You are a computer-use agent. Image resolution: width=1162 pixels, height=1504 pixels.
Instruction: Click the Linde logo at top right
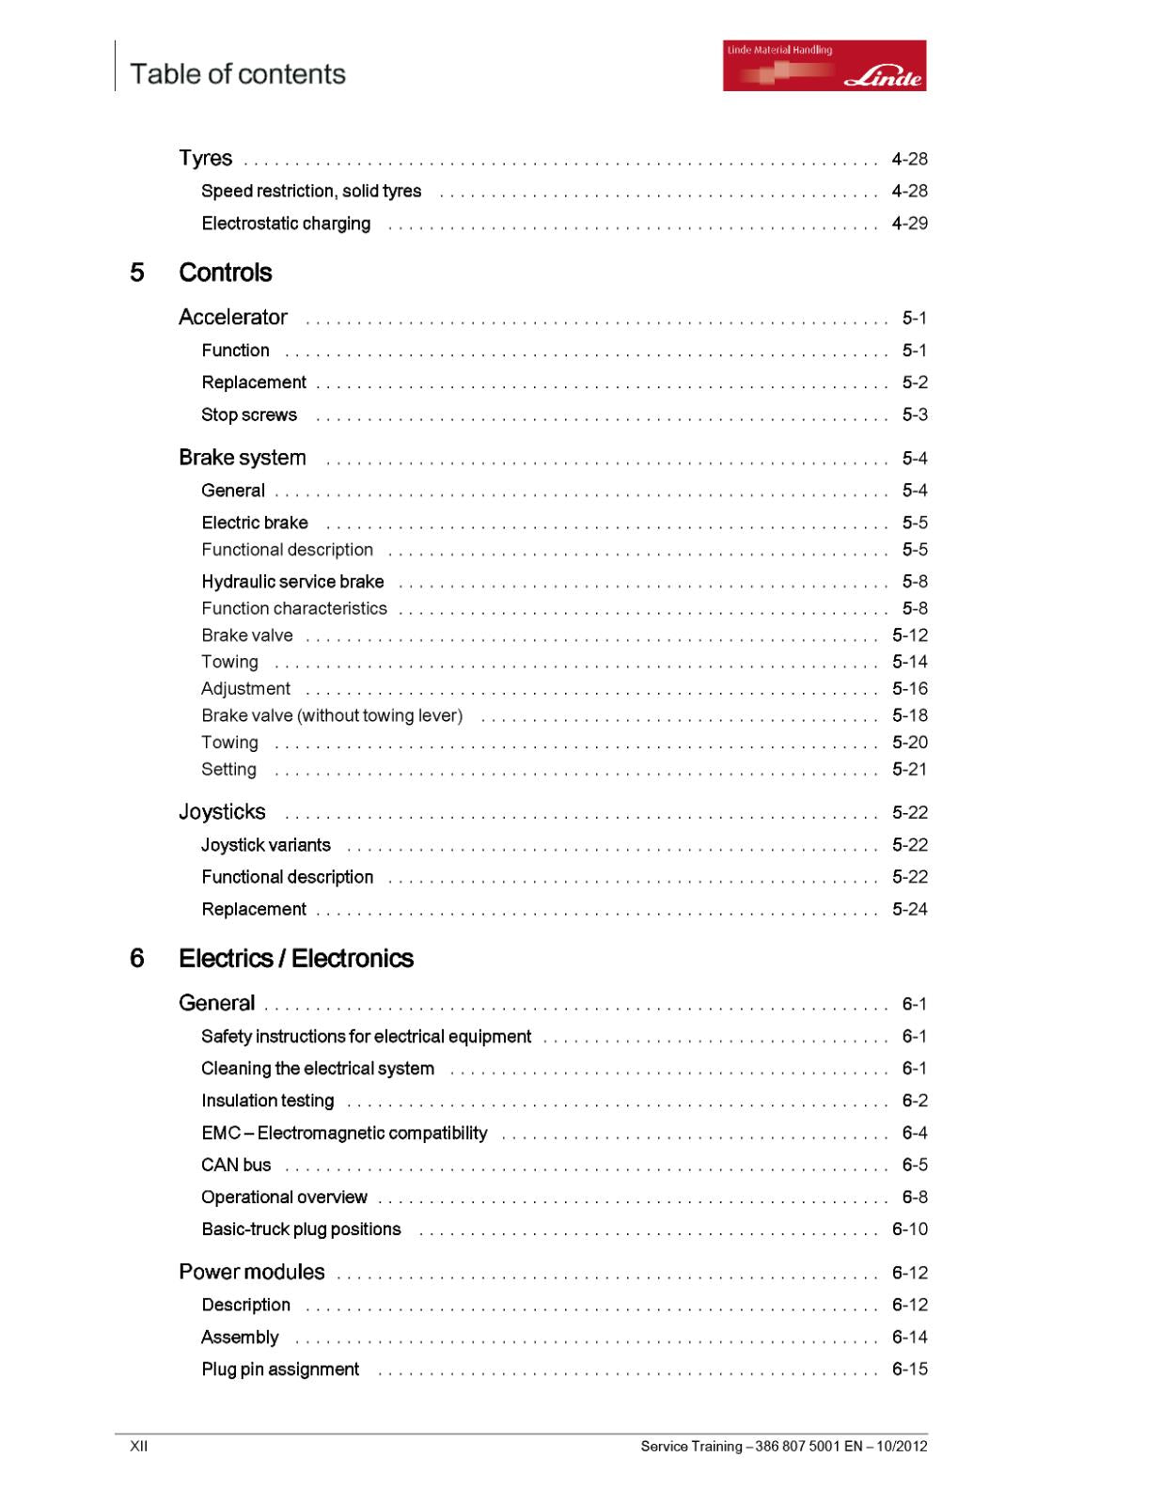point(824,65)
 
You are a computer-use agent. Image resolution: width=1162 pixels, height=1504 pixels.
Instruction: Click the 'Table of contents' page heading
point(237,74)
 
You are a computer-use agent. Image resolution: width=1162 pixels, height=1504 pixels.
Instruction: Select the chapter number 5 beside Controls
point(137,273)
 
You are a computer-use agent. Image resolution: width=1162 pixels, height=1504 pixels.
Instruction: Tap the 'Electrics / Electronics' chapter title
point(295,958)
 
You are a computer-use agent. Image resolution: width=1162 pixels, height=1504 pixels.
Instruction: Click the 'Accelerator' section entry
point(233,318)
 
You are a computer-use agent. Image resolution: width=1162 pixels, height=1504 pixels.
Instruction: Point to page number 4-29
point(909,224)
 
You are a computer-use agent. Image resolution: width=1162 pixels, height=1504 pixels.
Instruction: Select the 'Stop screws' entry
point(248,415)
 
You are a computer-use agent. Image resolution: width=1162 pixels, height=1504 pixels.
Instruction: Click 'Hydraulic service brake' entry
point(292,582)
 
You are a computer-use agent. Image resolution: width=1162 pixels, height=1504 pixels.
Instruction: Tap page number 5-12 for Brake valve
point(909,635)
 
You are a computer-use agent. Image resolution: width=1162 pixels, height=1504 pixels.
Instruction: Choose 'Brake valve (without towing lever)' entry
point(332,715)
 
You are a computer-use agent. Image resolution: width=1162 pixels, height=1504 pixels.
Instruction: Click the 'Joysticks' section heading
point(222,812)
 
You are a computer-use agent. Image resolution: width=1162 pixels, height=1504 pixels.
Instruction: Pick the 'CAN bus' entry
point(236,1165)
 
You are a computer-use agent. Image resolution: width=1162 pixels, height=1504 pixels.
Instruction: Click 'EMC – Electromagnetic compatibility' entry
point(344,1133)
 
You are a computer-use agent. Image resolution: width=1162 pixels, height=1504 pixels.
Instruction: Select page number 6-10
point(909,1230)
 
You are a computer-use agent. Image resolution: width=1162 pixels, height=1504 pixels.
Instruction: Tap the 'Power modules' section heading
point(251,1272)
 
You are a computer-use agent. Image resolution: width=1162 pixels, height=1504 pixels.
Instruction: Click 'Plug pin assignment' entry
point(280,1370)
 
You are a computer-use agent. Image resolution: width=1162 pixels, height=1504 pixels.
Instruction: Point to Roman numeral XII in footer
point(138,1446)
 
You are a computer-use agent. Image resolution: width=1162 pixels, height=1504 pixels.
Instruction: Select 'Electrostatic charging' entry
point(286,224)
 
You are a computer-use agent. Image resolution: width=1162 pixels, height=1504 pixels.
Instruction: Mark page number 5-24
point(909,909)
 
